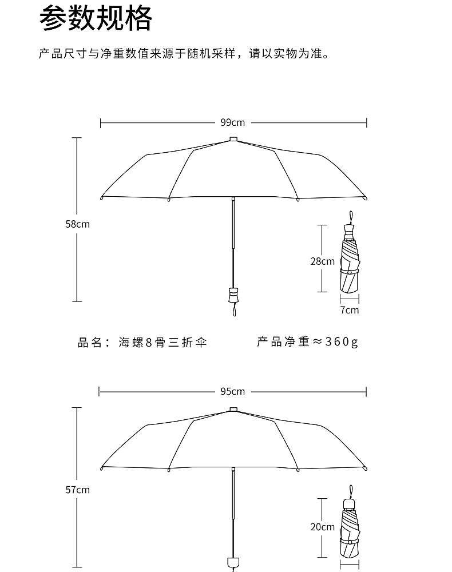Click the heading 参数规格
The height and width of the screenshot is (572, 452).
(x=96, y=19)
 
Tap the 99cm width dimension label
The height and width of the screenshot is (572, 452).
(x=233, y=122)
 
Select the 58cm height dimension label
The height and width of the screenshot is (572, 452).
(x=77, y=224)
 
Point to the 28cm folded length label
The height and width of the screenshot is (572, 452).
(x=322, y=261)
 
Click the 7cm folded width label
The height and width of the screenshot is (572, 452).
(x=350, y=310)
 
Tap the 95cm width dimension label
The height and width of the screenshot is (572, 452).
(x=233, y=392)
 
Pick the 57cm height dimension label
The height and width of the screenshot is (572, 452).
(x=77, y=490)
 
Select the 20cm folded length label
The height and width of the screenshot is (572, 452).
(x=322, y=527)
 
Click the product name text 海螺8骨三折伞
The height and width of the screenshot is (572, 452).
(x=162, y=343)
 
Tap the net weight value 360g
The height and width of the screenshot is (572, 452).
(x=342, y=342)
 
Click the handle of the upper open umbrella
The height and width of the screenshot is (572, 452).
(x=233, y=294)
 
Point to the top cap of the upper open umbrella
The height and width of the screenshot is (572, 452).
(x=233, y=138)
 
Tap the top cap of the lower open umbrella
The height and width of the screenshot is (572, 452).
(x=233, y=409)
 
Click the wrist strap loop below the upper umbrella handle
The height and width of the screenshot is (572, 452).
(x=233, y=310)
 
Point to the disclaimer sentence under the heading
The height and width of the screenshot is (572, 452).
(x=184, y=55)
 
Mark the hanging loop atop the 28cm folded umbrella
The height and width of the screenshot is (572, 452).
(x=350, y=218)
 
